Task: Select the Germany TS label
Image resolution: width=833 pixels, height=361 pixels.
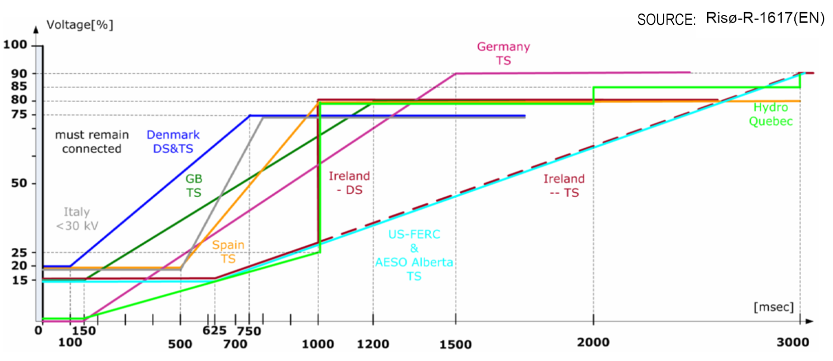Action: (x=503, y=53)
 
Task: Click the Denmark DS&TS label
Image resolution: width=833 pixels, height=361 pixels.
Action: (x=173, y=142)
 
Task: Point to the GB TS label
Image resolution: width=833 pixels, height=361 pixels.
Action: (x=193, y=185)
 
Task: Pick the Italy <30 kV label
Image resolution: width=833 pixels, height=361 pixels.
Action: (x=77, y=219)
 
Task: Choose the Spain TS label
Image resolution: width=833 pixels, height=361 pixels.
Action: (x=228, y=252)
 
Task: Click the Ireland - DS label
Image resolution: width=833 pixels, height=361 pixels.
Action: (x=349, y=183)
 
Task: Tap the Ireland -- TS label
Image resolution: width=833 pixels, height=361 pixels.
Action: (x=564, y=186)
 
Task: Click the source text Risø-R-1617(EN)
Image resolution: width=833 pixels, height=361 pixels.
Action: (x=764, y=18)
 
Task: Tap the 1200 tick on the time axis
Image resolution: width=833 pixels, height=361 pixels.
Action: (x=374, y=344)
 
